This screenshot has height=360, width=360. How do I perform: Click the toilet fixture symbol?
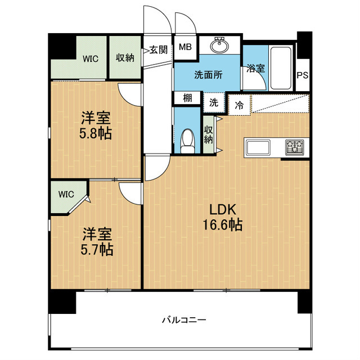click(187, 141)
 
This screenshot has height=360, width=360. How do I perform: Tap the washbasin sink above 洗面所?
click(219, 45)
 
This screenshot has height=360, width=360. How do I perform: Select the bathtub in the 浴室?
click(281, 68)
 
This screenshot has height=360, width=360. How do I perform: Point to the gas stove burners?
click(295, 147)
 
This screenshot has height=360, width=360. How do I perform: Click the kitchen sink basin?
click(258, 148)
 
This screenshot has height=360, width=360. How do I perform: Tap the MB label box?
click(185, 47)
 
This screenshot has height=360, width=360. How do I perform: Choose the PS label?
click(303, 75)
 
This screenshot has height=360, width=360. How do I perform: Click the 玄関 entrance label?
click(159, 49)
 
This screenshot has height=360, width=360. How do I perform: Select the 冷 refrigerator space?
click(239, 105)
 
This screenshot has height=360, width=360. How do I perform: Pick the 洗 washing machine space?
click(214, 102)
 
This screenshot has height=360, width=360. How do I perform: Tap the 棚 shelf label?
click(187, 98)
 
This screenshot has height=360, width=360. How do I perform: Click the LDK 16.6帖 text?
click(222, 217)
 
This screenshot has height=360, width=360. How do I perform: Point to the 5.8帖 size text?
click(96, 134)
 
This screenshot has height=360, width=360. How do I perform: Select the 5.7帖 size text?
click(97, 250)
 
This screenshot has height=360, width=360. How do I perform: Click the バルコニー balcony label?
click(184, 320)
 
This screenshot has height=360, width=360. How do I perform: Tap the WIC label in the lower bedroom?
click(66, 194)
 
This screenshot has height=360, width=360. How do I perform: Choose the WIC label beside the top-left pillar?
click(91, 58)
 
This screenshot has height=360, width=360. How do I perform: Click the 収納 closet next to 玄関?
click(125, 57)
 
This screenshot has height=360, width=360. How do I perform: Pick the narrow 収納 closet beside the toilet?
click(209, 135)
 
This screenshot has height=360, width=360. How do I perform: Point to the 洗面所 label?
click(208, 75)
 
